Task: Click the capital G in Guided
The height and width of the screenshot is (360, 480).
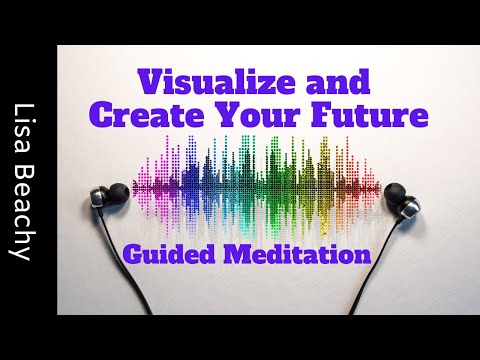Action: coord(132,254)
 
